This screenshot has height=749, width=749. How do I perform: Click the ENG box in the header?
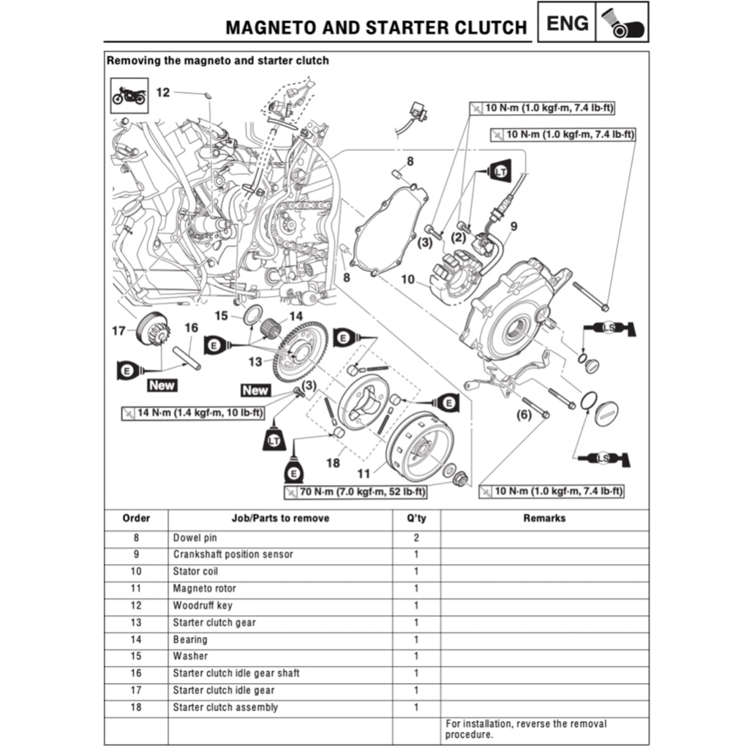click(568, 23)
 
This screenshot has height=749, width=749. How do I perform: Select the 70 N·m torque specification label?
click(354, 492)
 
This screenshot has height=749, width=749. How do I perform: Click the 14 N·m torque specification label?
click(192, 413)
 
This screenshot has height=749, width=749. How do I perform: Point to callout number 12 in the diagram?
click(162, 92)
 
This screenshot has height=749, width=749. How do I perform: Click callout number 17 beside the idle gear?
click(118, 331)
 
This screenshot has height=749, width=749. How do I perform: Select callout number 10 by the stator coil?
click(407, 280)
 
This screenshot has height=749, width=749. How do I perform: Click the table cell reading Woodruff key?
click(203, 606)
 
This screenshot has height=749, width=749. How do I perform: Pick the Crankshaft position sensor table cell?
click(233, 554)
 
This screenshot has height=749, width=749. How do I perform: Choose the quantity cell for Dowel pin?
click(416, 538)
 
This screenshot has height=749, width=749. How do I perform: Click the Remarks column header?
click(544, 518)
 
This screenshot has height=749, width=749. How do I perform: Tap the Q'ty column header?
click(416, 518)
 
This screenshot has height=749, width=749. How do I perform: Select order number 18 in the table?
click(136, 707)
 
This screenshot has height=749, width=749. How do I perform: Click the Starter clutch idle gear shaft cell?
click(236, 673)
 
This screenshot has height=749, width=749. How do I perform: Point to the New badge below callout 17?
click(162, 385)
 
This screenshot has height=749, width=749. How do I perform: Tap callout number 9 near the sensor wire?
click(513, 227)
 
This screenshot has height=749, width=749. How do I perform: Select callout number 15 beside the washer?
click(222, 315)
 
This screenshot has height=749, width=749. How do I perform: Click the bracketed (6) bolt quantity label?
click(524, 415)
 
